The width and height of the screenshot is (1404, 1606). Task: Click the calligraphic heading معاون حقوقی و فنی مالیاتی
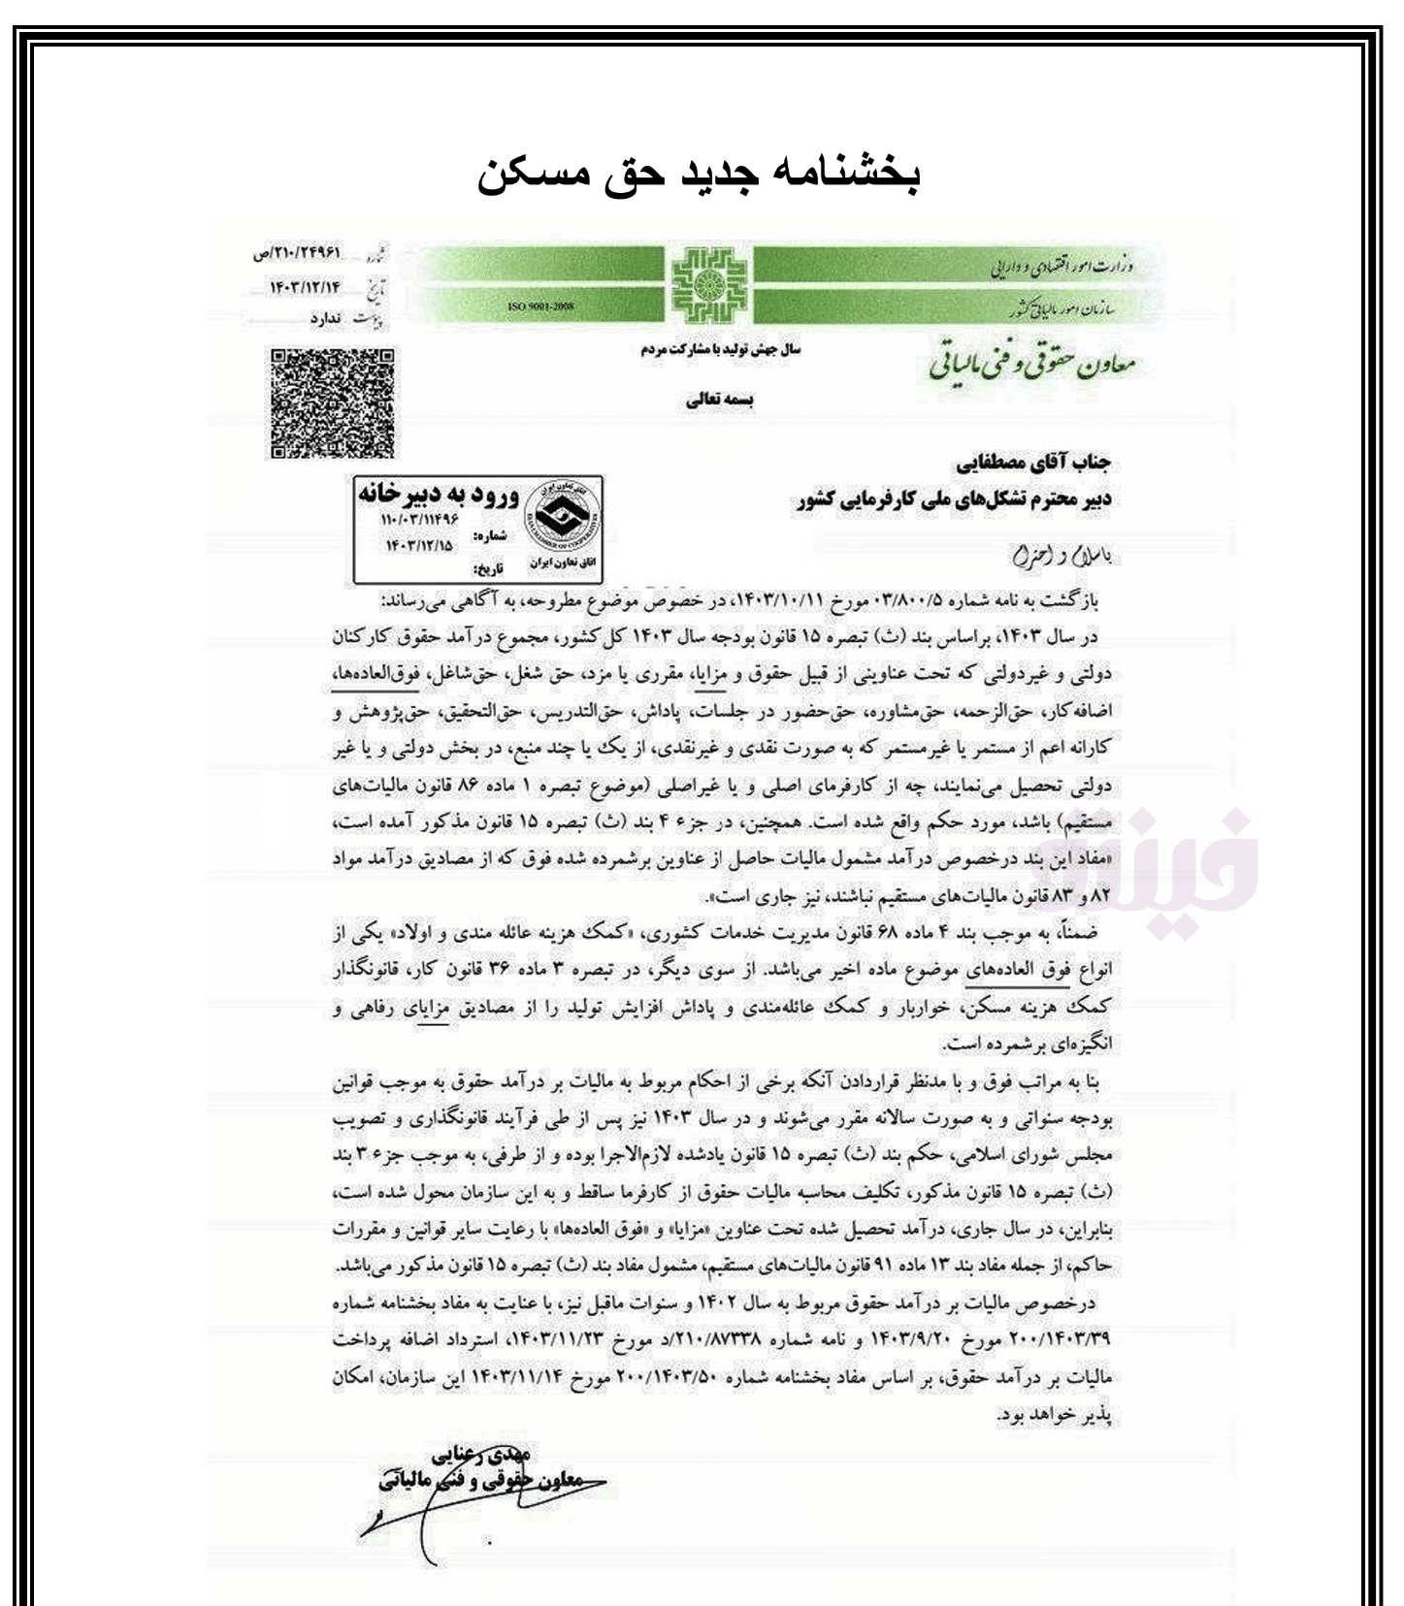coord(1030,367)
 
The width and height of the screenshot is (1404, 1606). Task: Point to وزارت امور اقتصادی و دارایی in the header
coord(1062,265)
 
